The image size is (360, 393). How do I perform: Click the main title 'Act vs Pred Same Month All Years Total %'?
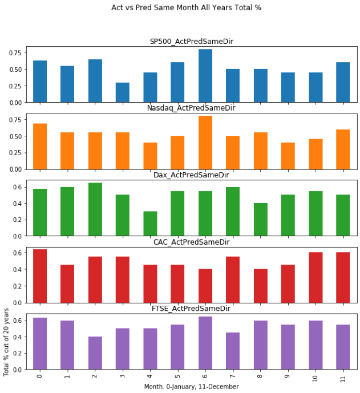[186, 8]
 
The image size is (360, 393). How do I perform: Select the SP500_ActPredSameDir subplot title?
[191, 41]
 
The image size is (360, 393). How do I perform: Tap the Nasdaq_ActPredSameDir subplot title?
[191, 108]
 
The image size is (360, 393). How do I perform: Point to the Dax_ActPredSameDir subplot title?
[191, 175]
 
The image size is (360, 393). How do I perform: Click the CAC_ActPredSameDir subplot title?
[191, 241]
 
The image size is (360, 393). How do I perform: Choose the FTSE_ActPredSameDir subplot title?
[191, 308]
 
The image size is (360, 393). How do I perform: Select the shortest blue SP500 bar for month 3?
[122, 92]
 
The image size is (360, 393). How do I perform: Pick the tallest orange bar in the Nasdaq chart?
[205, 143]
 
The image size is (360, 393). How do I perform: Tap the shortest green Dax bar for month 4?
[150, 224]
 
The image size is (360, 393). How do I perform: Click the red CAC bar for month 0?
[40, 276]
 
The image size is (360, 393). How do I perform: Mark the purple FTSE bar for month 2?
[95, 353]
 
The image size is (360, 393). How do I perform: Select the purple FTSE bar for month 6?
[205, 343]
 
